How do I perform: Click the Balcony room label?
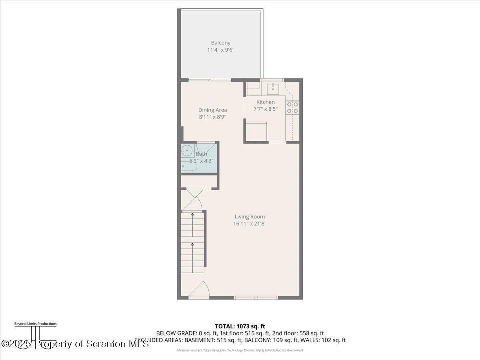pyautogui.click(x=221, y=43)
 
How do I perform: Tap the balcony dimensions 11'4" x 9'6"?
pyautogui.click(x=221, y=50)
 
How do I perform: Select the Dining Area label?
pyautogui.click(x=212, y=110)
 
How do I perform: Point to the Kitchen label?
pyautogui.click(x=266, y=102)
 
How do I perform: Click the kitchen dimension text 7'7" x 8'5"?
pyautogui.click(x=266, y=109)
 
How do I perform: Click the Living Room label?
pyautogui.click(x=250, y=217)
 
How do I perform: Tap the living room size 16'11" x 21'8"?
pyautogui.click(x=250, y=224)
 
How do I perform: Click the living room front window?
pyautogui.click(x=256, y=298)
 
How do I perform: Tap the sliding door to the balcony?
pyautogui.click(x=210, y=80)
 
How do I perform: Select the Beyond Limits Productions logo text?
pyautogui.click(x=35, y=324)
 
